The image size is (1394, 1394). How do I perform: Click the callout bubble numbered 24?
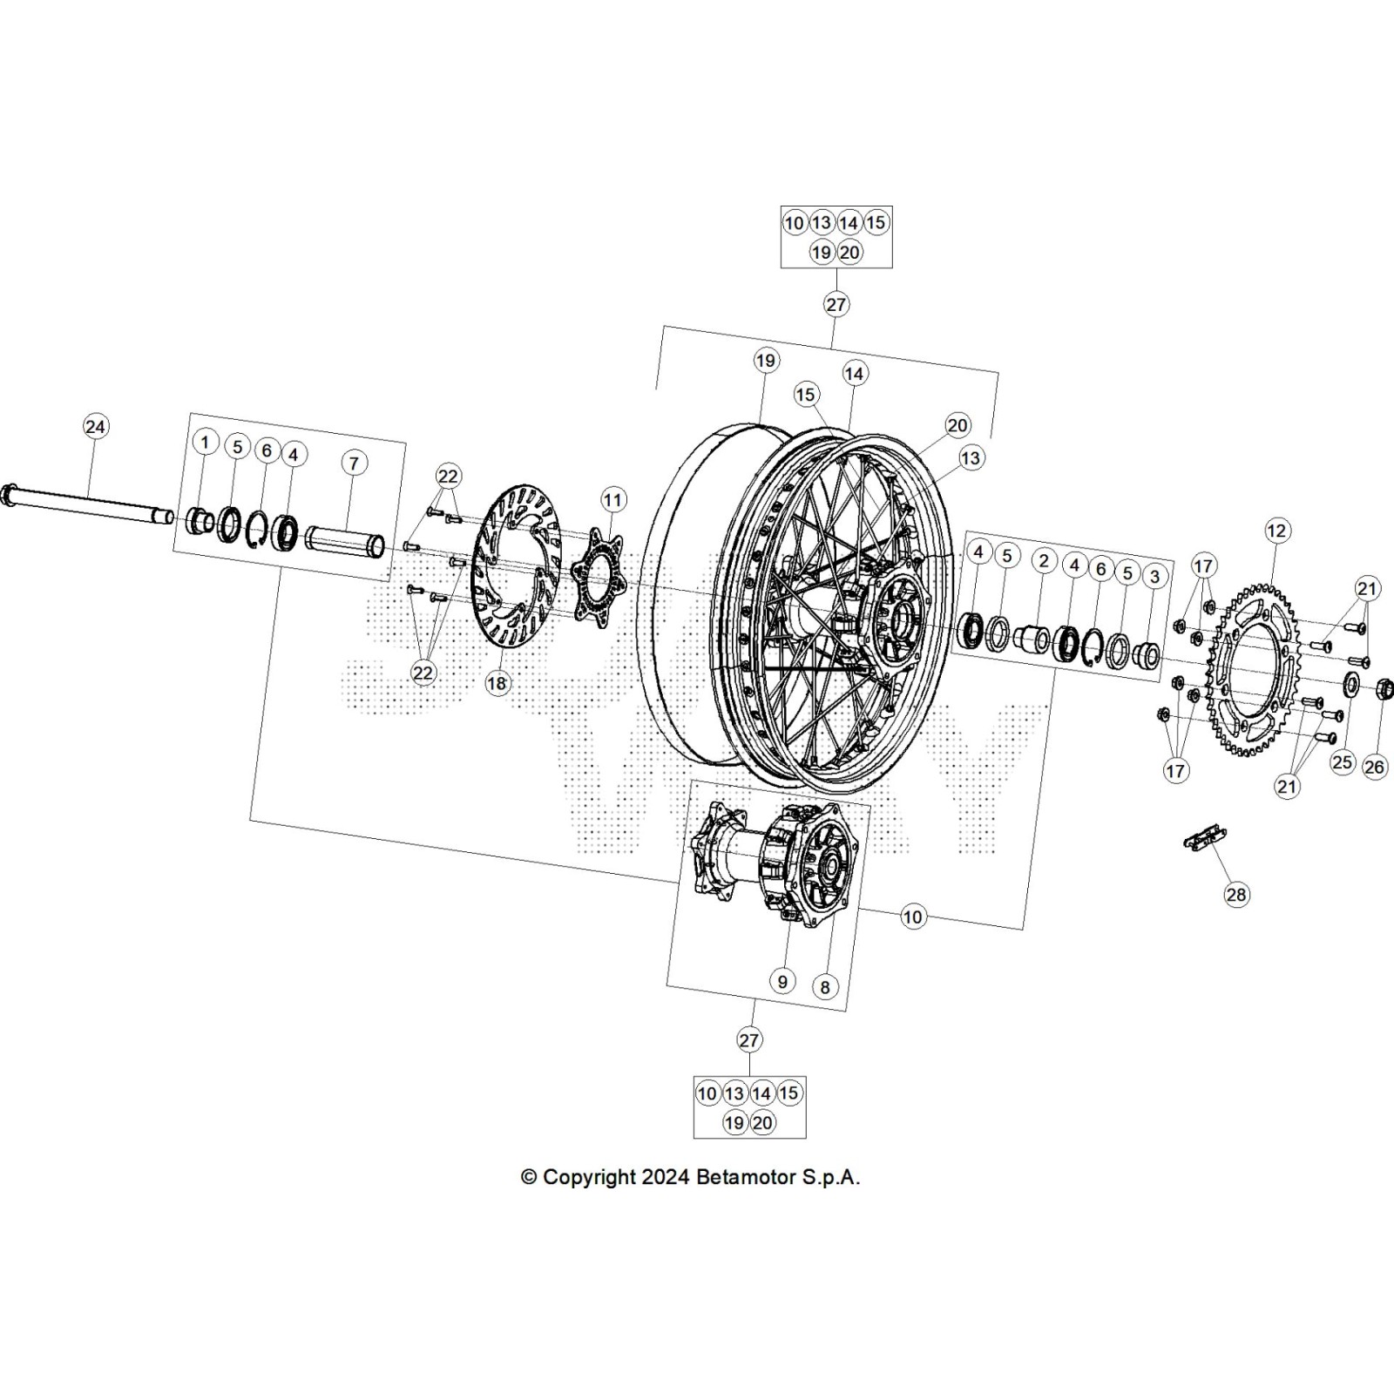pyautogui.click(x=95, y=426)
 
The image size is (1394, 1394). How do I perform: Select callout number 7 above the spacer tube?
pyautogui.click(x=353, y=463)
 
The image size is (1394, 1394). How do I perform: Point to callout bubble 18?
pyautogui.click(x=497, y=683)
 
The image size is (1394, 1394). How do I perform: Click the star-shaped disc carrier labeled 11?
pyautogui.click(x=598, y=572)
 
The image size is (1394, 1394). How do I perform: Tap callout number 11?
pyautogui.click(x=612, y=500)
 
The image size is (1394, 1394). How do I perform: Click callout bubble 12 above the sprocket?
pyautogui.click(x=1276, y=530)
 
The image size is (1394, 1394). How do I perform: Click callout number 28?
pyautogui.click(x=1235, y=894)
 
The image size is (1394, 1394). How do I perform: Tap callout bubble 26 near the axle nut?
pyautogui.click(x=1374, y=767)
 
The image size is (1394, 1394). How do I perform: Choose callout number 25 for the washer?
pyautogui.click(x=1342, y=762)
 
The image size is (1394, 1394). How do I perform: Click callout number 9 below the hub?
pyautogui.click(x=782, y=981)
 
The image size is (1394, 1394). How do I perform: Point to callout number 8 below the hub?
pyautogui.click(x=824, y=986)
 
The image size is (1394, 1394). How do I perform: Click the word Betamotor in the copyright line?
pyautogui.click(x=745, y=1177)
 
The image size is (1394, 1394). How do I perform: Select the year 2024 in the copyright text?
pyautogui.click(x=667, y=1177)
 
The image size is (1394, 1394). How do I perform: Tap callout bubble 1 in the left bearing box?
pyautogui.click(x=205, y=442)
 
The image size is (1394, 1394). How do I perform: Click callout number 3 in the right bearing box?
pyautogui.click(x=1154, y=577)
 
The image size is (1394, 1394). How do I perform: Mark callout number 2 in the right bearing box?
pyautogui.click(x=1044, y=560)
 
